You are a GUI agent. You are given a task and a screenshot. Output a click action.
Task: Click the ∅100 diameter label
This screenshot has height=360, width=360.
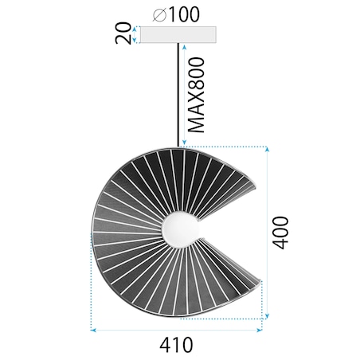point(175,14)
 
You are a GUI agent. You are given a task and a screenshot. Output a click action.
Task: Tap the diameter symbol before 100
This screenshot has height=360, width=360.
point(157,14)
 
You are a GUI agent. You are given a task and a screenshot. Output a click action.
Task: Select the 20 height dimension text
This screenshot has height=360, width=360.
point(121,33)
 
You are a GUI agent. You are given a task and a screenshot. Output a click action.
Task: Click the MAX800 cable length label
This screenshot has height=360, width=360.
point(195,94)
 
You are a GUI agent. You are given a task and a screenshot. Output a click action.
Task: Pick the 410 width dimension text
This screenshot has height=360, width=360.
point(176,345)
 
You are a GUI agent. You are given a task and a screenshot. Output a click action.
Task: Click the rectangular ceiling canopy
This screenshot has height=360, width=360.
point(176,34)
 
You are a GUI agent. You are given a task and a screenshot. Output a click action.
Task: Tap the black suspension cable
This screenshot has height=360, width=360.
point(176,96)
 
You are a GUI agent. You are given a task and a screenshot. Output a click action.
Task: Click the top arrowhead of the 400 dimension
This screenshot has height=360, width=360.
point(265,150)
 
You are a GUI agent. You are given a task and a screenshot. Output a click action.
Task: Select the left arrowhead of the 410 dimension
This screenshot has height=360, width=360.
point(94,327)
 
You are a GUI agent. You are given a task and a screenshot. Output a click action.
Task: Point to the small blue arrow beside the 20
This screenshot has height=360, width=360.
point(135,33)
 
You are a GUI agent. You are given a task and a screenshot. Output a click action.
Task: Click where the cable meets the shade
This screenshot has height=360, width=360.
point(176,148)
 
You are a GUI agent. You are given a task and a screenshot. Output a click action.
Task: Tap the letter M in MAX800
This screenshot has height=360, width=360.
point(195,123)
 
